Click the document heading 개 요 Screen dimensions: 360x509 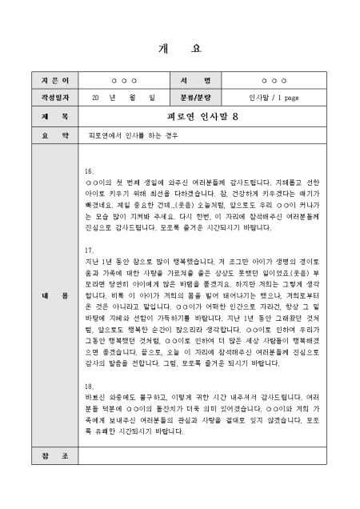click(x=180, y=49)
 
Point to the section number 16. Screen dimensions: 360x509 click(x=88, y=172)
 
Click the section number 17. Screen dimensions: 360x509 click(x=88, y=250)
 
